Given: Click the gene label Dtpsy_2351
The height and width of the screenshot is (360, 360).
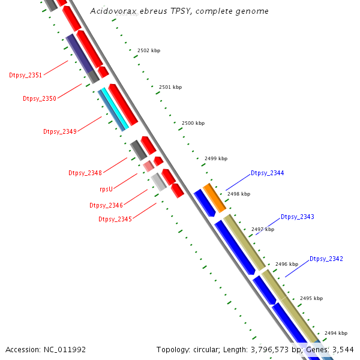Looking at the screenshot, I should pos(26,75).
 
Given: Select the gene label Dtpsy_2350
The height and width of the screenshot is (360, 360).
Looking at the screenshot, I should pos(40,98).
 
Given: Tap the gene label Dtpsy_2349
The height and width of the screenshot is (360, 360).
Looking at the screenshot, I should pos(60,131).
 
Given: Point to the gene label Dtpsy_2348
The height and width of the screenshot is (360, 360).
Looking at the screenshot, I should pos(85,173).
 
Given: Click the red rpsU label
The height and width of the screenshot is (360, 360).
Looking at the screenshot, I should pos(106,189).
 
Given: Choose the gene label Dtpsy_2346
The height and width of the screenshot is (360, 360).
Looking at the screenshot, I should pos(106,205).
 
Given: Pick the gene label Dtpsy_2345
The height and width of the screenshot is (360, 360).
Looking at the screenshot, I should pos(115,219).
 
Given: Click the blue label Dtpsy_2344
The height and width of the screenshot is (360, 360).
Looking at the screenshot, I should pos(268,173).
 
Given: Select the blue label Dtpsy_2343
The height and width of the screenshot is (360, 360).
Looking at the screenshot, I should pos(298,217).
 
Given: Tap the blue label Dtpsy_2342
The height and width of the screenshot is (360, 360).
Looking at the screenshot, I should pos(326,259).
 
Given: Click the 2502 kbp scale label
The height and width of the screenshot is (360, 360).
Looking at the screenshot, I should pos(149,50).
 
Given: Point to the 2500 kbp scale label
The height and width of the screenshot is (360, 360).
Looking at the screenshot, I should pos(193,123).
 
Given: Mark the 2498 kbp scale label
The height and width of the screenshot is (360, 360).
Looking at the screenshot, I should pos(239,194).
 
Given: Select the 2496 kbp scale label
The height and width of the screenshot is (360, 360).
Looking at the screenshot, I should pos(287,264).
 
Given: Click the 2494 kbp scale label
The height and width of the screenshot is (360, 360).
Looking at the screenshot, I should pos(336,332).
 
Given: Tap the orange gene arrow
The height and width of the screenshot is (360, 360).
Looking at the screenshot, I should pos(214,197).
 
